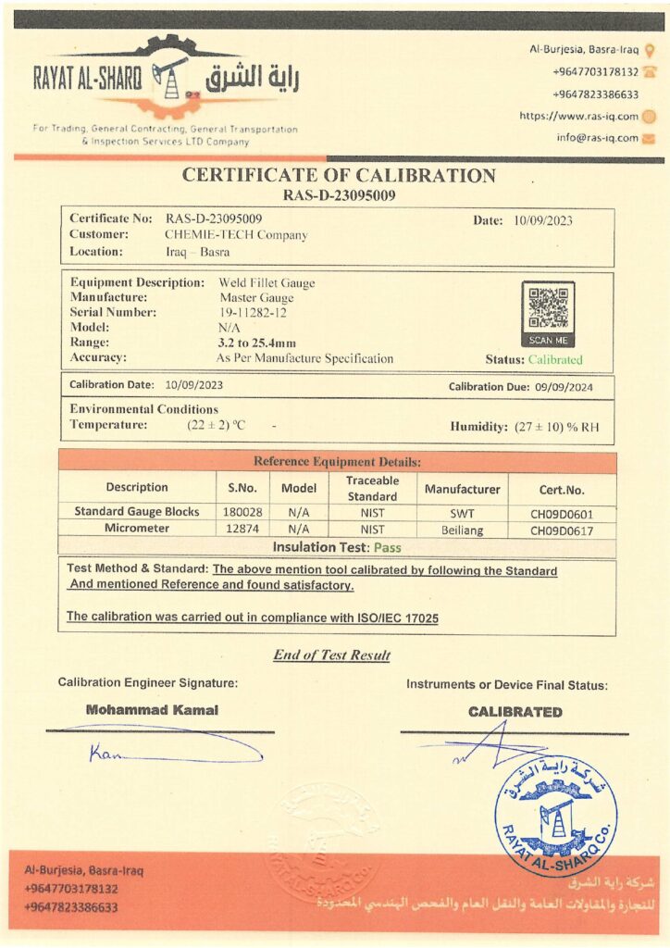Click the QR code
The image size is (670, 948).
[548, 307]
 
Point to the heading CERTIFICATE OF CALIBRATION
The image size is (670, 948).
[339, 176]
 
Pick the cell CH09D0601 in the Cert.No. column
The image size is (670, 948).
[562, 513]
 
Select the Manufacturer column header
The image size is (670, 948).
[462, 489]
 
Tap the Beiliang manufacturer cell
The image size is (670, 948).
[462, 530]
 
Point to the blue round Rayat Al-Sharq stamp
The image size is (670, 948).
[555, 815]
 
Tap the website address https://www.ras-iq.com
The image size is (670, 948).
[578, 117]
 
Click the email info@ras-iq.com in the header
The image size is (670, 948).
[597, 138]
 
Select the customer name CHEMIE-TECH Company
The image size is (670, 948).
[236, 235]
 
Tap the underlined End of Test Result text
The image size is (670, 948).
[331, 655]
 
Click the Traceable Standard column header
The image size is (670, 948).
[372, 489]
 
